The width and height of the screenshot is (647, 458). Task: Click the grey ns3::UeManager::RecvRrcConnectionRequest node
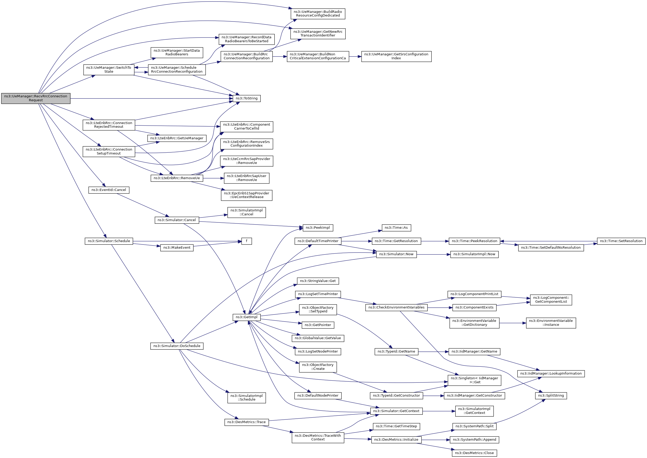point(36,98)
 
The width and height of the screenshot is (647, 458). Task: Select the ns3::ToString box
point(247,98)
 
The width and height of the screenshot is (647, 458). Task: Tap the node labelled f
point(247,241)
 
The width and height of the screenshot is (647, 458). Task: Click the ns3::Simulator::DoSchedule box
point(177,346)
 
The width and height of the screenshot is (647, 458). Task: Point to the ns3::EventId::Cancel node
point(109,190)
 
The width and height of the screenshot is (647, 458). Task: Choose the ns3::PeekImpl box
point(318,228)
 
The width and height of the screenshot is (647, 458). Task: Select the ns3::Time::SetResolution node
point(621,241)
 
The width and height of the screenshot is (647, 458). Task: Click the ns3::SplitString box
point(551,396)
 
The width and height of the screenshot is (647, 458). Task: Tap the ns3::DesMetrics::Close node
point(475,453)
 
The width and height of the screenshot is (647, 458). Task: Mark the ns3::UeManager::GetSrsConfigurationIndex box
point(396,56)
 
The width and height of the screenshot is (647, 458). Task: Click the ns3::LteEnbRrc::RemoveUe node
point(177,178)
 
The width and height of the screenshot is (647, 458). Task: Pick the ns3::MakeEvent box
point(177,248)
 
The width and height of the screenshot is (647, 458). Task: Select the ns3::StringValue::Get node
point(318,281)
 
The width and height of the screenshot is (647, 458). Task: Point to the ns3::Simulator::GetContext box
point(396,411)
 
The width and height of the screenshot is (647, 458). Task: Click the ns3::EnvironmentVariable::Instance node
point(551,323)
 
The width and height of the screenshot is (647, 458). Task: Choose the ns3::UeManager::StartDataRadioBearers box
point(177,52)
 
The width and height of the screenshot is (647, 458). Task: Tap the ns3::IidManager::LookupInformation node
point(551,374)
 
